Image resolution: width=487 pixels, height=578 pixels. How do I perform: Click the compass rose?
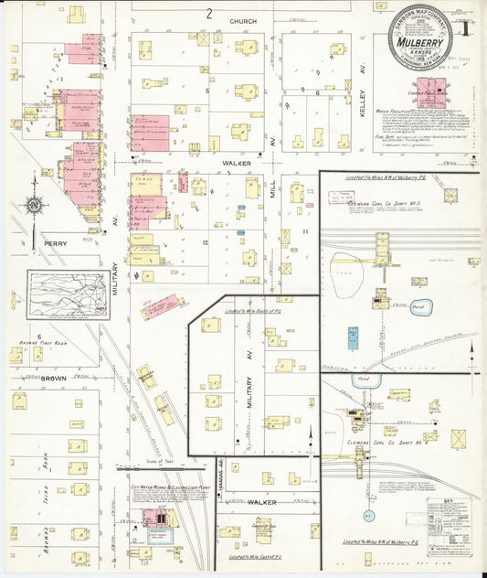(33, 205)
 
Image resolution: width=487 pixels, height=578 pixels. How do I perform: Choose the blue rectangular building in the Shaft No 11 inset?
(353, 337)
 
